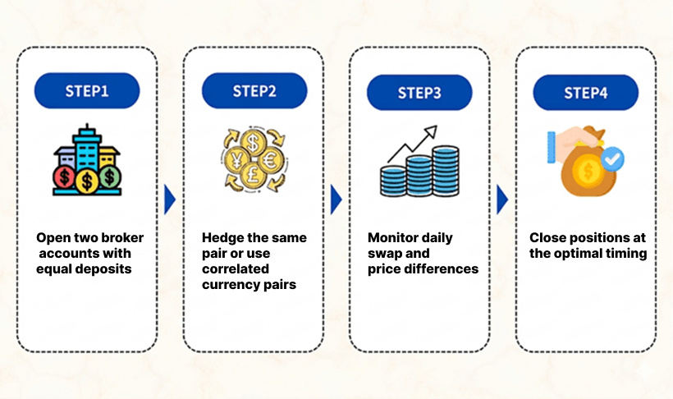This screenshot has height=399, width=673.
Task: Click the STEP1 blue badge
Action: point(87,91)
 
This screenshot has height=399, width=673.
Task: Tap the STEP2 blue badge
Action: point(254,91)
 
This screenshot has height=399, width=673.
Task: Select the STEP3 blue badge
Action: point(419,92)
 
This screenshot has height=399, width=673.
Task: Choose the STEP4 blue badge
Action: point(586,92)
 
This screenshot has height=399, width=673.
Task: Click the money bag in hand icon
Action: point(584,159)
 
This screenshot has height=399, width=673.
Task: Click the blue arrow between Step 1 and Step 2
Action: point(170,199)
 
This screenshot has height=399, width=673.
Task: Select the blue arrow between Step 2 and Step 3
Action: point(336,199)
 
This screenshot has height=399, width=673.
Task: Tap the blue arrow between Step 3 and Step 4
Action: point(502,199)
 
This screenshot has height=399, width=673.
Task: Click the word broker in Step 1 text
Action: point(121,238)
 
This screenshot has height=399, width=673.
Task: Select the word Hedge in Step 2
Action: point(222,238)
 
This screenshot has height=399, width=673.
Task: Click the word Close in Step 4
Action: point(547,238)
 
